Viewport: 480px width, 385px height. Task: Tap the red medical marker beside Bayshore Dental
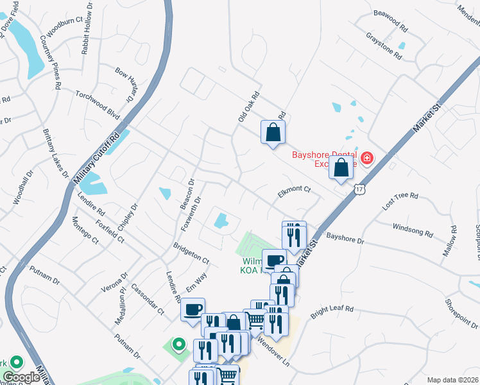367,158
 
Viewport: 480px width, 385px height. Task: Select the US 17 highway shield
359,189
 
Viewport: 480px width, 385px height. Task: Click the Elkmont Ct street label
294,190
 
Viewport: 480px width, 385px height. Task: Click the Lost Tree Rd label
400,200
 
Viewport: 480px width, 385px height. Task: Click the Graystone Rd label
384,46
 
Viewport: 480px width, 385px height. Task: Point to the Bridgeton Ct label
191,253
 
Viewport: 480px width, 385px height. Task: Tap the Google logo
22,377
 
